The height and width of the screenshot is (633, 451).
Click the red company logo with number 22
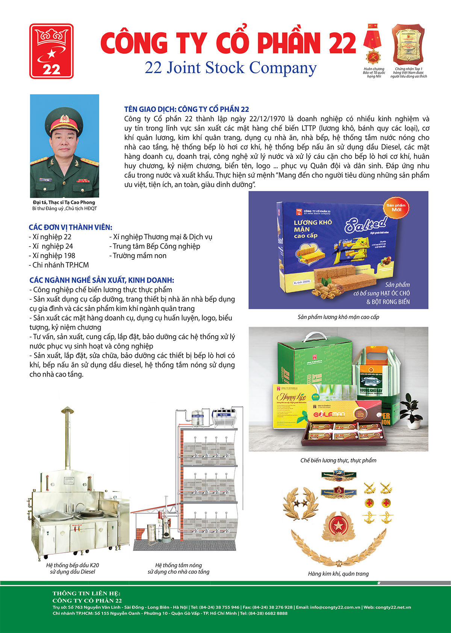[51, 51]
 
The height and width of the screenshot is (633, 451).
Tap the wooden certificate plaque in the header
[408, 44]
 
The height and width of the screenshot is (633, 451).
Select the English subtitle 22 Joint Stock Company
[231, 68]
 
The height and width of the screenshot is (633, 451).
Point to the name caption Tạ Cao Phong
[64, 202]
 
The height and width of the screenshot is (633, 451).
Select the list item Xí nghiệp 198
[53, 256]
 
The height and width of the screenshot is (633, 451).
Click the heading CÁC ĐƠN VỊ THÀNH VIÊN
[71, 228]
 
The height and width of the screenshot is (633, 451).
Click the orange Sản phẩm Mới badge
[396, 207]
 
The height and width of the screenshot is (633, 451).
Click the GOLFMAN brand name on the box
[329, 414]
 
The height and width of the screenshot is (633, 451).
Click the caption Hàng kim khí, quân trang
[338, 574]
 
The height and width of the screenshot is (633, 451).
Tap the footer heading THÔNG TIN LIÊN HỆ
[86, 593]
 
